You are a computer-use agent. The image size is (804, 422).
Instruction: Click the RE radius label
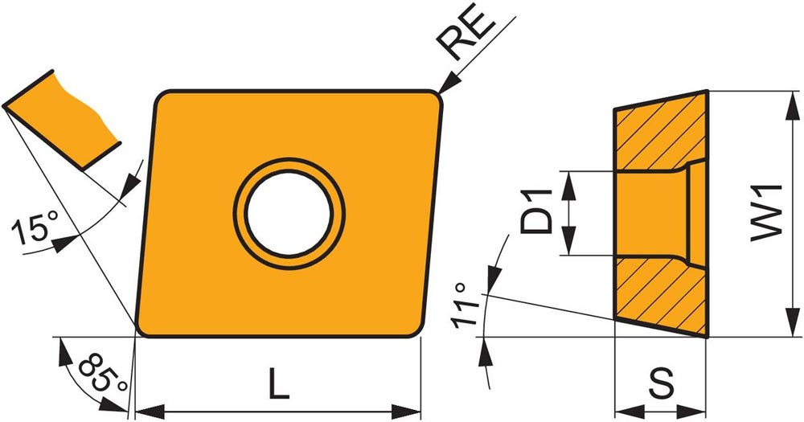[469, 39]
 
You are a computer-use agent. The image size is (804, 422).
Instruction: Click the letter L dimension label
[278, 387]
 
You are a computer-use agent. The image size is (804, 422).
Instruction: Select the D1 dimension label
[535, 211]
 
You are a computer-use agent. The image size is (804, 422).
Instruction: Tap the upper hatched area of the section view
[659, 133]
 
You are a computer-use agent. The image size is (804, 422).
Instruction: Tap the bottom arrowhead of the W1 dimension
[785, 330]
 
